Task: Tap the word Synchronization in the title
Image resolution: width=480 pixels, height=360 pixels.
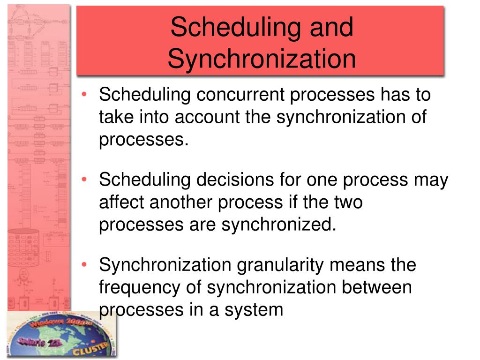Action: tap(262, 59)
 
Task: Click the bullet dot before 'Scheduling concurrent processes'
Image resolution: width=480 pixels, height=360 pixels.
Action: tap(84, 96)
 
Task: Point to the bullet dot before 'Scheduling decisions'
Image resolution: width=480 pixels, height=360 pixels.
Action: tap(84, 180)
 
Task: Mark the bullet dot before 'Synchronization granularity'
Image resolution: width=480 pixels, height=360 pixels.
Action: tap(84, 265)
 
